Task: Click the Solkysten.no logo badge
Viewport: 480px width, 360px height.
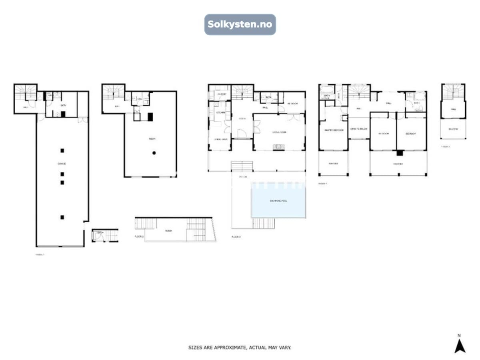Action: point(240,24)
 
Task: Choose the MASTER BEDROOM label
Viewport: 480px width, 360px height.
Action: point(333,130)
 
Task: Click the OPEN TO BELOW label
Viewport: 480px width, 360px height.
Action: point(359,129)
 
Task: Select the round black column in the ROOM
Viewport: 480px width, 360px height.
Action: point(154,153)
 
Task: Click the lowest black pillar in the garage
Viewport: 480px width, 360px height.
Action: point(62,217)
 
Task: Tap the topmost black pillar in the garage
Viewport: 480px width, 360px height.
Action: point(62,150)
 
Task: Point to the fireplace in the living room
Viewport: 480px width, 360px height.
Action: point(277,147)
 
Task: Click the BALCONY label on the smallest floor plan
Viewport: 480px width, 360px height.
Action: point(453,129)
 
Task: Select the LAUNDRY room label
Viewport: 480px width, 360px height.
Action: point(222,94)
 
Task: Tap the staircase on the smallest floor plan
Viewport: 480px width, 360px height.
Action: point(453,92)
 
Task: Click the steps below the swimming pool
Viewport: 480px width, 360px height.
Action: point(263,223)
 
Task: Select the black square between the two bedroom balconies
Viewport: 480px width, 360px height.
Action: point(399,153)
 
